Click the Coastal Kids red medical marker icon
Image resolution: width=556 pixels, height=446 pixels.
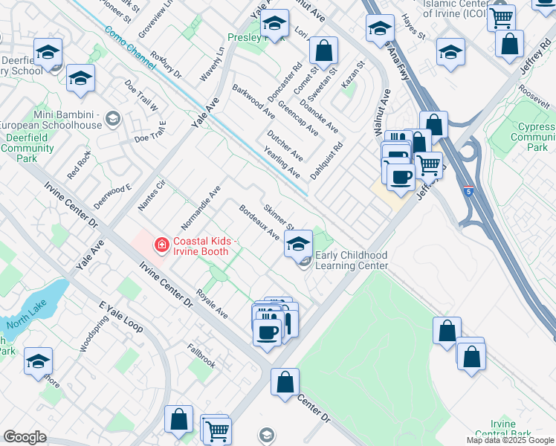(x=161, y=243)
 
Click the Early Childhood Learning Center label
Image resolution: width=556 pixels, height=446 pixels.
(x=352, y=260)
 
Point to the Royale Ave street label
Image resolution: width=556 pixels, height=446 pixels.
(x=212, y=303)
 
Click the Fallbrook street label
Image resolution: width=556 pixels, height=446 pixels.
(x=201, y=355)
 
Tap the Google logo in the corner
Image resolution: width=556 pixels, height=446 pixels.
(x=25, y=437)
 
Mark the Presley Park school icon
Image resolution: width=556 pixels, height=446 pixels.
(x=274, y=25)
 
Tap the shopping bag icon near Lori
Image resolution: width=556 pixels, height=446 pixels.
(x=324, y=51)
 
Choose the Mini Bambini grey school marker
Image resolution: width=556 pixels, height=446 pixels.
(x=113, y=117)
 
